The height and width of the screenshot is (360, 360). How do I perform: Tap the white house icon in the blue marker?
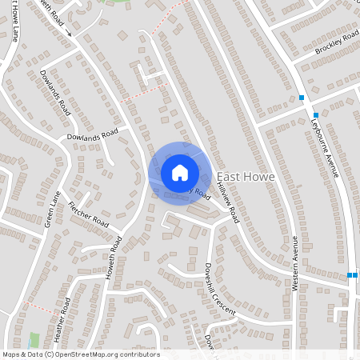point(180,172)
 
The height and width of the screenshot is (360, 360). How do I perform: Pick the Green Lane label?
point(53,209)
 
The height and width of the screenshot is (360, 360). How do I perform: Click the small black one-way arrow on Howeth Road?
point(70,34)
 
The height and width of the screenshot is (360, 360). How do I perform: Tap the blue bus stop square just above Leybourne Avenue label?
point(317,115)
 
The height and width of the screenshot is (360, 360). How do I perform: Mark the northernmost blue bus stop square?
point(302,98)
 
